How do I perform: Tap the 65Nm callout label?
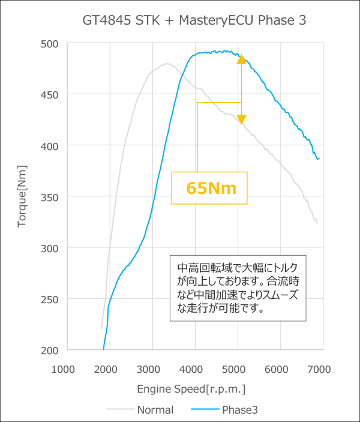coord(211,188)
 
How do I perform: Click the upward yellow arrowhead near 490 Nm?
coord(241,59)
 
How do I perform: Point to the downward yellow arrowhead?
coord(241,120)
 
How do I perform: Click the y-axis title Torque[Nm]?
coord(22,196)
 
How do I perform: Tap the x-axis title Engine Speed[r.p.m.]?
coord(191,388)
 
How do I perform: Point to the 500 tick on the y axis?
coord(50,43)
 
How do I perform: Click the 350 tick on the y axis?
coord(50,197)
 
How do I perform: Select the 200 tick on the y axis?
coord(50,350)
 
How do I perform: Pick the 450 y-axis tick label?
coord(50,94)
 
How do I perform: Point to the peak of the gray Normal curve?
coord(167,64)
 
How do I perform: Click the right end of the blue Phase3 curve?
coord(319,159)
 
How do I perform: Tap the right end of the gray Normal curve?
coord(317,223)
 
